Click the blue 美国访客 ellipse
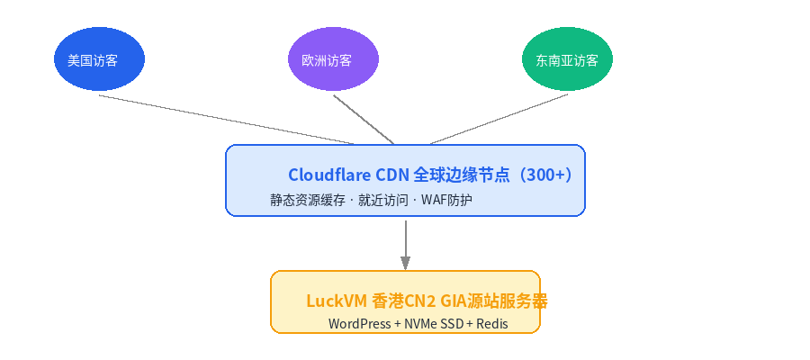point(99,58)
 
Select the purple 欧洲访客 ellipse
point(333,58)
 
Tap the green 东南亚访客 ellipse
point(567,58)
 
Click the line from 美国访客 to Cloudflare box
point(227,120)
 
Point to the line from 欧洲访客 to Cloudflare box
point(364,120)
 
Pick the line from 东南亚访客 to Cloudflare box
point(499,119)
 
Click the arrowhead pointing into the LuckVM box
point(406,263)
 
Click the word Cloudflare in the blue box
point(329,175)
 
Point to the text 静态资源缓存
point(308,200)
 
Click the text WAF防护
point(446,200)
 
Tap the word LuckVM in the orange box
point(337,301)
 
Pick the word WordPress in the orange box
point(359,324)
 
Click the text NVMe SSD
point(434,324)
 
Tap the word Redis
point(491,324)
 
